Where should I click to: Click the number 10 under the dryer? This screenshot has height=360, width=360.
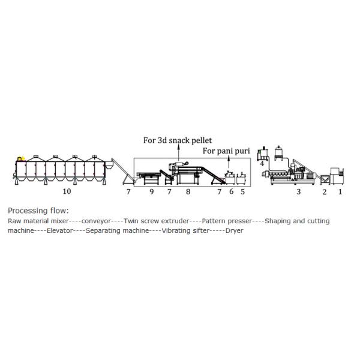67,191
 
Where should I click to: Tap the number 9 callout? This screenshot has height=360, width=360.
152,191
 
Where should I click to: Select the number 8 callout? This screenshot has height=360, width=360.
188,191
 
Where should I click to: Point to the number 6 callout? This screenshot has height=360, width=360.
231,191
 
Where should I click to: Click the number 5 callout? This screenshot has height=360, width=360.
242,191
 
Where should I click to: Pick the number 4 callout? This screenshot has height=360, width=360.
262,164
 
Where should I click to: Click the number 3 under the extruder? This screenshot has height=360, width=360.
298,191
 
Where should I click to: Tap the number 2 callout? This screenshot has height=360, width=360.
325,192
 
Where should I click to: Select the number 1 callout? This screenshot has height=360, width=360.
340,191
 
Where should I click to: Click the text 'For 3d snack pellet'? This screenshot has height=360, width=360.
178,140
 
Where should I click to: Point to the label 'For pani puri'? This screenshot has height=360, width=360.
226,151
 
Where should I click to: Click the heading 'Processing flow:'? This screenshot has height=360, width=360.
38,211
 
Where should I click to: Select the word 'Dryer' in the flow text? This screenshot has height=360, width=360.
234,230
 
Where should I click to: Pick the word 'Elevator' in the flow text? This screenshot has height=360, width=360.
59,230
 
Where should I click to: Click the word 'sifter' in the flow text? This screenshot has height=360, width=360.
201,230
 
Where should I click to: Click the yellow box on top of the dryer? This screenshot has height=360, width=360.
21,158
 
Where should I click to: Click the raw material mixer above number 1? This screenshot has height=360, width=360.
337,176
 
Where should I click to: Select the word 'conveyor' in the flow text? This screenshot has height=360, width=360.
96,221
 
